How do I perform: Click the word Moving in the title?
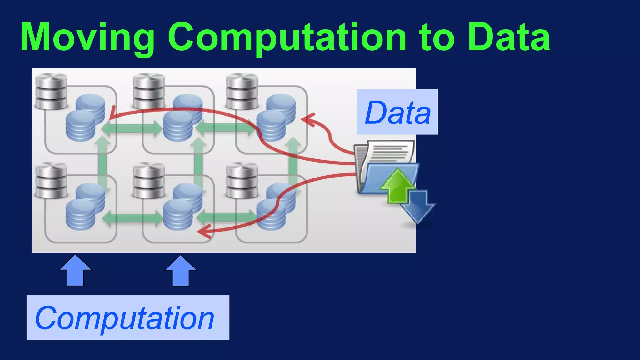(x=87, y=37)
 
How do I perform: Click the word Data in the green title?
(x=509, y=37)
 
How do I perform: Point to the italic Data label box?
(x=397, y=112)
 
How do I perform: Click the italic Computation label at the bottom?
(x=125, y=317)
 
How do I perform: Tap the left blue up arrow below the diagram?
(x=75, y=271)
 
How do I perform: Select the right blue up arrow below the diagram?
(x=181, y=271)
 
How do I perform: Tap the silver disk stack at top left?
(x=51, y=91)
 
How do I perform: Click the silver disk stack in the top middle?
(x=149, y=91)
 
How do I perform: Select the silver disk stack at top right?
(x=242, y=91)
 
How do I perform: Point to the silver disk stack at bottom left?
(x=51, y=181)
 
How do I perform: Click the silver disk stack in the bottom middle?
(x=149, y=181)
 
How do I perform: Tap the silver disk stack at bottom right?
(x=242, y=181)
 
